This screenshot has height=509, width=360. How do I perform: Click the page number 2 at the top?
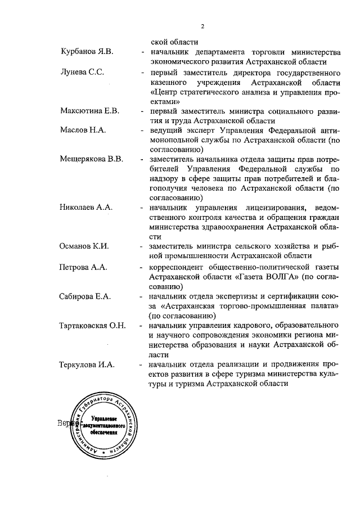(201, 26)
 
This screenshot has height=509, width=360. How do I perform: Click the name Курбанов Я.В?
(87, 52)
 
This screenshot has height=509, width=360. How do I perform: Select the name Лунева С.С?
(82, 73)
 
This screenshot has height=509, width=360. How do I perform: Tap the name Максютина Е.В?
(89, 110)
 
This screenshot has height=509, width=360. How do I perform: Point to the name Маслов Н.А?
(83, 130)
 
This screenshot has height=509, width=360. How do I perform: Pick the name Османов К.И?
(84, 246)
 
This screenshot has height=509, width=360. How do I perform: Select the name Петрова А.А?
(83, 267)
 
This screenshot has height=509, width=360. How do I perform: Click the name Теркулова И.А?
(87, 364)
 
